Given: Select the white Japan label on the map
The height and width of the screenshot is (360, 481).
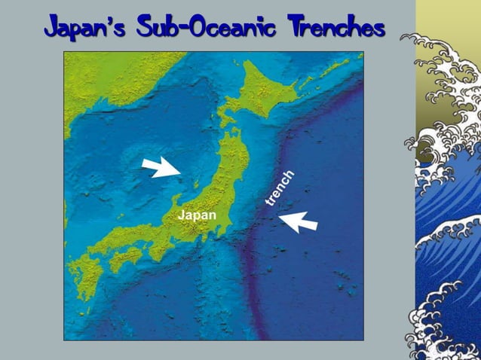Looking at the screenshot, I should click(x=197, y=215).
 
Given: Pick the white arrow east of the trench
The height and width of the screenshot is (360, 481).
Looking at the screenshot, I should click(x=299, y=221).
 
